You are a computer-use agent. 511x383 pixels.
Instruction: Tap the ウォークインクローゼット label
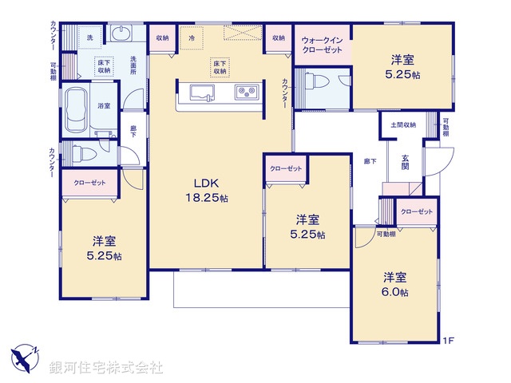[x=323, y=45]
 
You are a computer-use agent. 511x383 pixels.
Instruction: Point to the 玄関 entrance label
[x=406, y=163]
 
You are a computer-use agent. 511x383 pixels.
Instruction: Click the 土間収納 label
[x=403, y=125]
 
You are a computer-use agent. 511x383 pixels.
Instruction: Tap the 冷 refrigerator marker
[x=192, y=38]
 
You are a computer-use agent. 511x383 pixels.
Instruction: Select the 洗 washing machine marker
[x=89, y=38]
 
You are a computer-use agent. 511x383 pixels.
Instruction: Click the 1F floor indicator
[x=450, y=341]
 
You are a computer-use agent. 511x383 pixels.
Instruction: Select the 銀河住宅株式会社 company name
[x=106, y=368]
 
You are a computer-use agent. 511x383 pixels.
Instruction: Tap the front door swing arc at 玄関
[x=436, y=164]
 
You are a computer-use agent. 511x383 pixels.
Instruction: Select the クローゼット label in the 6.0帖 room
[x=417, y=211]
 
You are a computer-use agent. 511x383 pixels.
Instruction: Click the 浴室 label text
[x=104, y=105]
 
